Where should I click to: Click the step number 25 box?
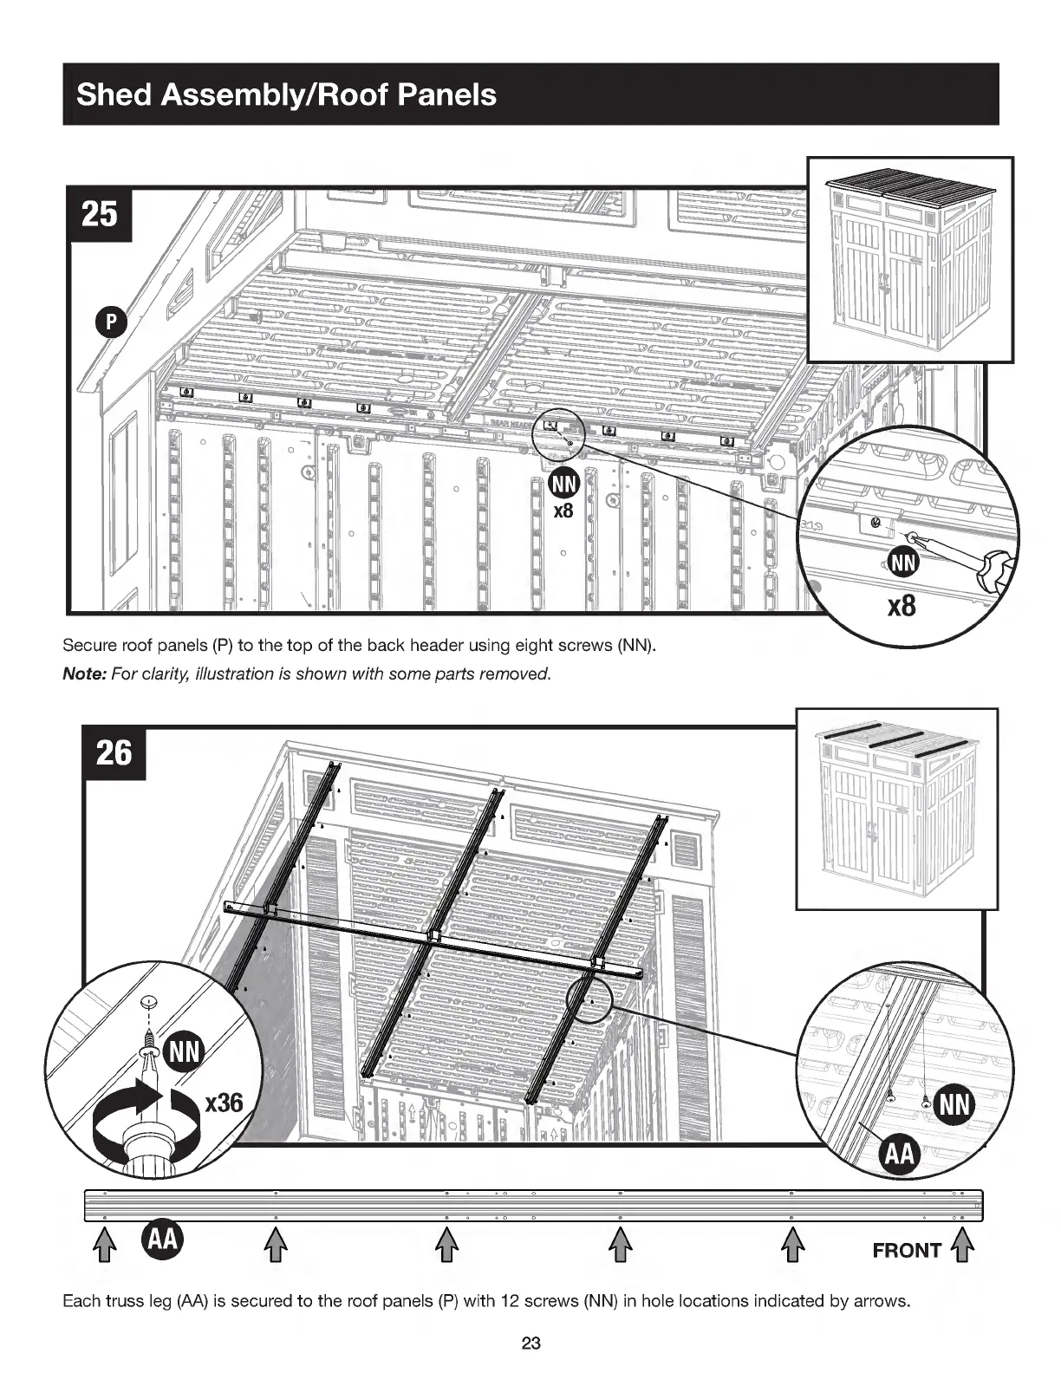pos(100,211)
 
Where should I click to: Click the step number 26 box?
pos(114,752)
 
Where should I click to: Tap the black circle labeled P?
pos(111,322)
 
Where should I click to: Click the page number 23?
pos(530,1344)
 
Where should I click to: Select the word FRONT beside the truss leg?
pos(906,1251)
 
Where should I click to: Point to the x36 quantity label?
pos(223,1103)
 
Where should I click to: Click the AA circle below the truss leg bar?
pos(162,1239)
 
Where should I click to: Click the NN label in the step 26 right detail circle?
pos(956,1105)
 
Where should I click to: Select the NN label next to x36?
pos(183,1053)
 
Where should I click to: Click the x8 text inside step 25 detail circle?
pos(902,604)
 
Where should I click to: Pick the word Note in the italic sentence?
pos(82,674)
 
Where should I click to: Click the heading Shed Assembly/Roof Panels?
pos(286,94)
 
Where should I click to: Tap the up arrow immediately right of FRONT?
pos(963,1250)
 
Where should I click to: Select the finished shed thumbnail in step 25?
pos(910,259)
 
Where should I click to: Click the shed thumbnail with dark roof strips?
pos(896,808)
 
